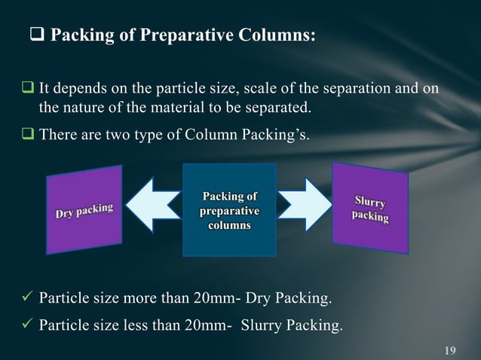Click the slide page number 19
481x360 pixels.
[x=451, y=349]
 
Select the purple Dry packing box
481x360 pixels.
[x=85, y=209]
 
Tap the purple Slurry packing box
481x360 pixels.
[x=370, y=209]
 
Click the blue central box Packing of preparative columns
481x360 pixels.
[x=229, y=209]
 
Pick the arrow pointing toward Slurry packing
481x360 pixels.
[x=305, y=204]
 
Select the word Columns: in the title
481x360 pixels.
[x=274, y=35]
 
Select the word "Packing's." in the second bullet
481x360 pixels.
[x=275, y=136]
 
